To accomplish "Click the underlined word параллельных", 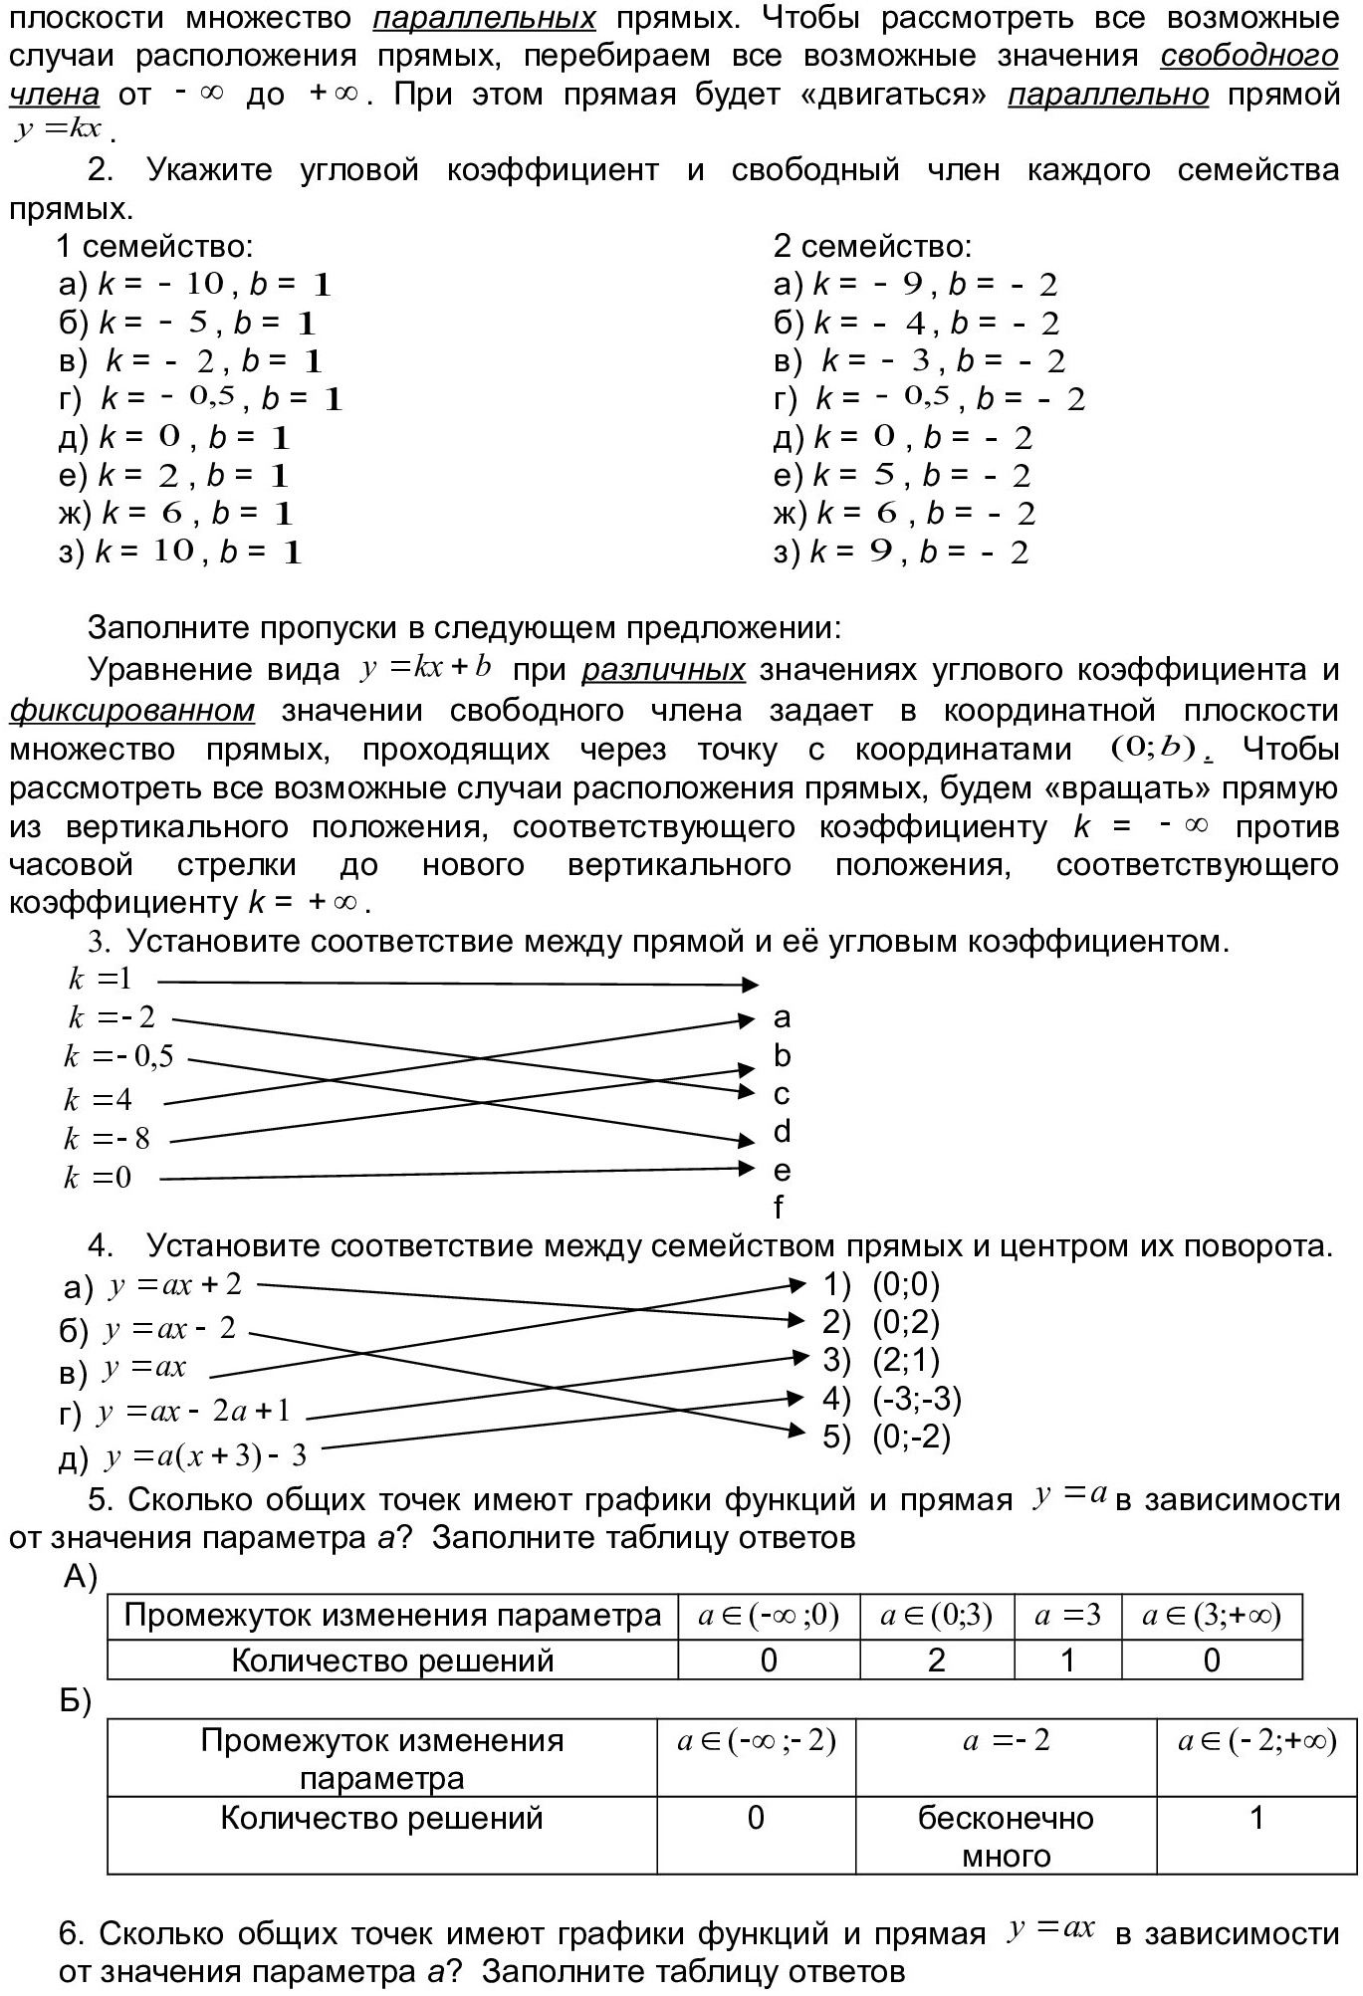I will (x=484, y=18).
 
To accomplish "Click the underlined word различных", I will (x=663, y=670).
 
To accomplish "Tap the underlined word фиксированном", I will (x=131, y=711).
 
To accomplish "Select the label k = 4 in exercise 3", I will (x=98, y=1100).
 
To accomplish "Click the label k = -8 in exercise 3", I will (x=107, y=1139).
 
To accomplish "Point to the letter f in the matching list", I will (x=779, y=1208).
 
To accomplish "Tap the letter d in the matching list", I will (x=782, y=1132).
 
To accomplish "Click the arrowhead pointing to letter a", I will (x=747, y=1019).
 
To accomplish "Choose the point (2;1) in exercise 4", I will (x=906, y=1360).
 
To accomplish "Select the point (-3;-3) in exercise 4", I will (x=917, y=1399).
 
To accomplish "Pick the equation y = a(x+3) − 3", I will (x=205, y=1457).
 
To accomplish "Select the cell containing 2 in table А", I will (x=936, y=1660).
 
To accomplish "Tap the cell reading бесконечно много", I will (x=1006, y=1837).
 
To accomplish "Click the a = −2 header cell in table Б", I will (x=1006, y=1741).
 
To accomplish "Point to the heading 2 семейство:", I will (x=872, y=246).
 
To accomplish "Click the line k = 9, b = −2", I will (x=901, y=553).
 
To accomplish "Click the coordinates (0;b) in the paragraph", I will (x=1153, y=749).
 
